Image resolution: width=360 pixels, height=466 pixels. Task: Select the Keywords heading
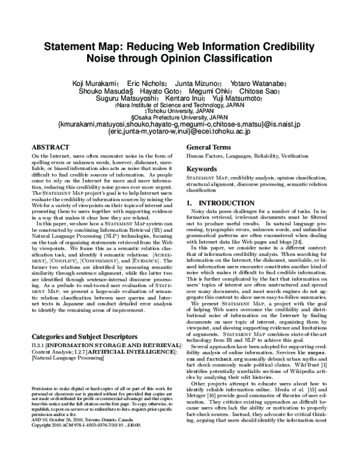(201, 170)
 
